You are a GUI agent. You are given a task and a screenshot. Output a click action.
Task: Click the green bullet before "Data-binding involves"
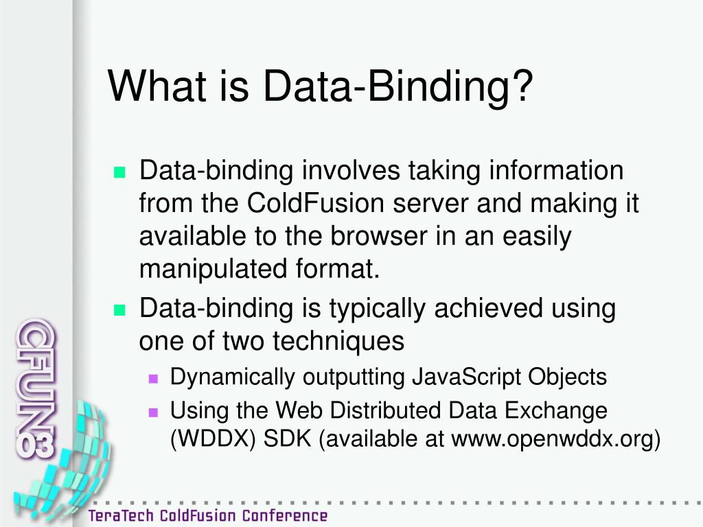[x=120, y=172]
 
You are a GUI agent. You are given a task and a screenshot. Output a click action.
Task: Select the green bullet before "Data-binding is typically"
[x=120, y=310]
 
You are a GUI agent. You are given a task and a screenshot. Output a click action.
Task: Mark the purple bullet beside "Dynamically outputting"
[x=153, y=378]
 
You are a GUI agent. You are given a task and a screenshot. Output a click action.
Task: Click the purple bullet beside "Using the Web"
[x=153, y=412]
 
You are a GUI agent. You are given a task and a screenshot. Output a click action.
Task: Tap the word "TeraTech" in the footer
[x=122, y=515]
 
